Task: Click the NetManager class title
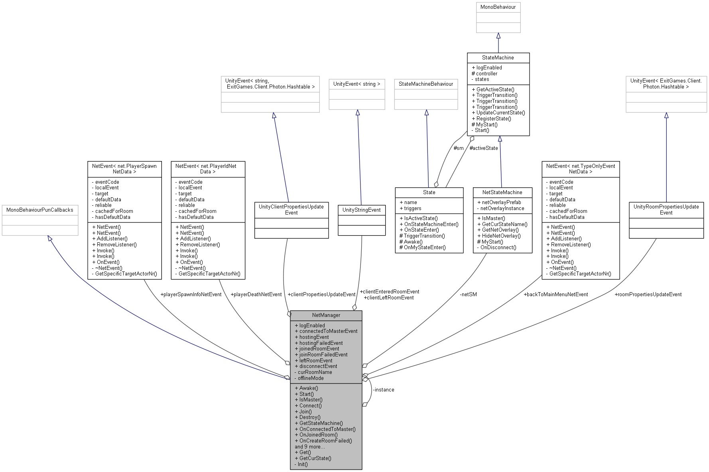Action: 326,315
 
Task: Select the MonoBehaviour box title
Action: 498,7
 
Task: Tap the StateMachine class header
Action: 498,57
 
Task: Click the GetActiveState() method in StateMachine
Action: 495,89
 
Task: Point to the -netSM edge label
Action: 468,294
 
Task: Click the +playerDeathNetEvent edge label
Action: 256,294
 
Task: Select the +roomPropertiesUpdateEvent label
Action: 648,294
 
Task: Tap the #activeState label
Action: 483,148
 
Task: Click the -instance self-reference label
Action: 383,389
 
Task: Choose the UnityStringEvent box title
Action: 361,210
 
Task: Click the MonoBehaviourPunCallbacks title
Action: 39,210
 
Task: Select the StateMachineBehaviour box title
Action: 425,84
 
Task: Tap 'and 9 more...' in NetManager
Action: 310,446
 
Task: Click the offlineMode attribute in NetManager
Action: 310,378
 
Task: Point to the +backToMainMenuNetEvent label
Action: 555,294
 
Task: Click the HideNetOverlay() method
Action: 501,236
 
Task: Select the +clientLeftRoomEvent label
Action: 388,297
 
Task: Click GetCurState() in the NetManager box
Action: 315,458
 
